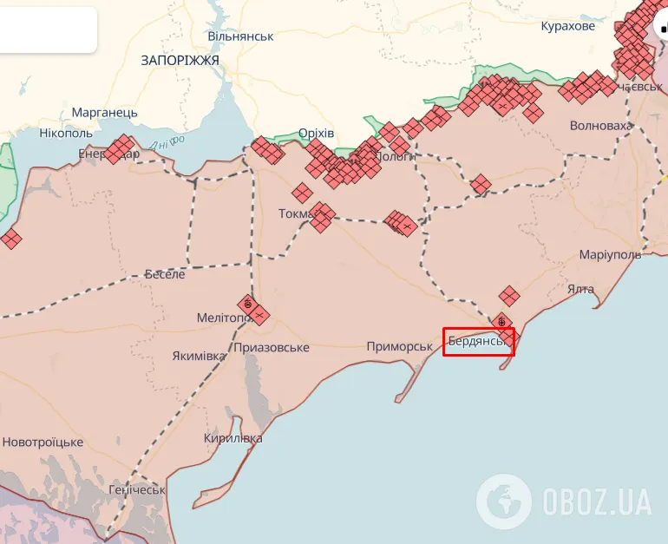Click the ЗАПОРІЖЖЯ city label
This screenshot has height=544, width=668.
coord(180,60)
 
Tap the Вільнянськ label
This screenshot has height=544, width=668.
coord(240,36)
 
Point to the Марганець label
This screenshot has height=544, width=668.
coord(104,113)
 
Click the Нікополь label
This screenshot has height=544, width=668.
coord(66,134)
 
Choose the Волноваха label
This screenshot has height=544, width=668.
coord(600,126)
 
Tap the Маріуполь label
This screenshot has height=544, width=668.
coord(610,254)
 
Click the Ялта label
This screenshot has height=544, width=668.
coord(580,289)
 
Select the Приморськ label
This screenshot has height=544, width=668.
coord(399,346)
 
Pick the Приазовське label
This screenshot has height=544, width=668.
coord(271,347)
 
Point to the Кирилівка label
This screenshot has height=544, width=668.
coord(232,438)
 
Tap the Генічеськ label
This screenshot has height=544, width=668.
coord(137,489)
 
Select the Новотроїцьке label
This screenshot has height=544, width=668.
coord(43,442)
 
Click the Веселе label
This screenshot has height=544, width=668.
coord(165,274)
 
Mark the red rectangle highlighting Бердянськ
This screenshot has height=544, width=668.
coord(479,342)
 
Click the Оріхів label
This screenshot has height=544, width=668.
coord(316,133)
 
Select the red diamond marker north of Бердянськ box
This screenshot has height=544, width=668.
coord(508,297)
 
